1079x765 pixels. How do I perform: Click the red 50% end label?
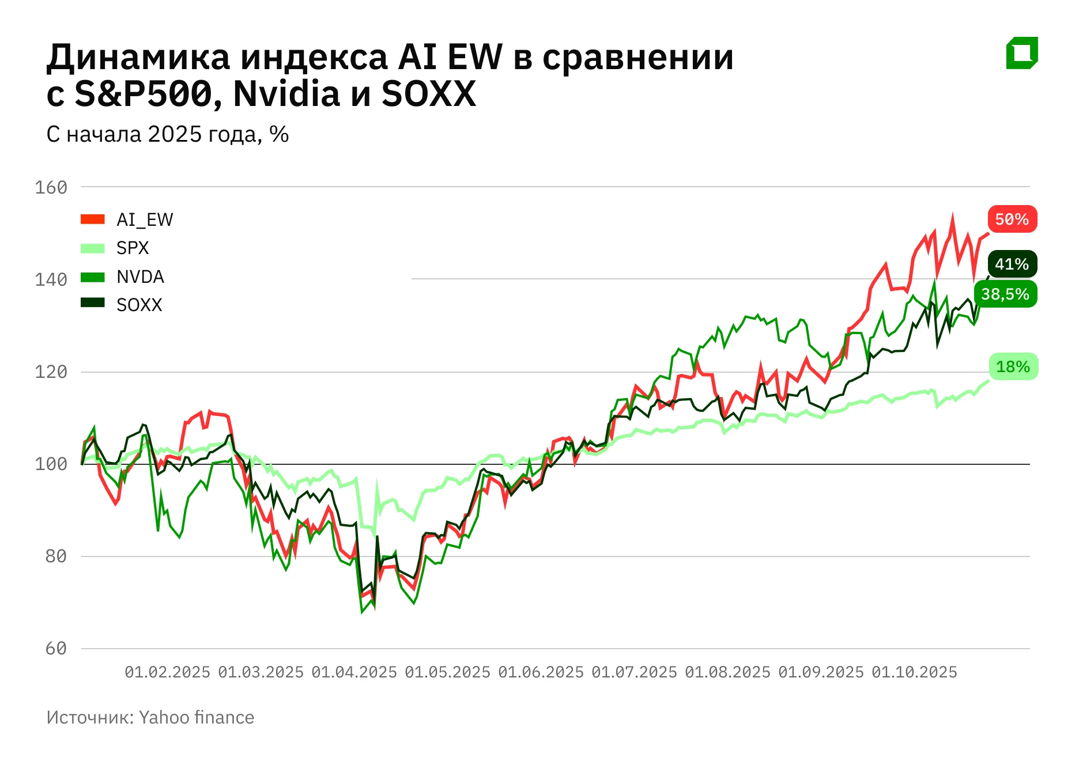(1012, 219)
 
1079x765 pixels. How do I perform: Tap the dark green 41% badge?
(1012, 264)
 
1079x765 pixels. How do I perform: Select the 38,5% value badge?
(1005, 294)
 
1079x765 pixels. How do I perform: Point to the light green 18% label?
(1013, 367)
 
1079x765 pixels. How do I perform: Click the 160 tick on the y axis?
(51, 188)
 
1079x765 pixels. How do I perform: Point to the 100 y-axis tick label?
(51, 464)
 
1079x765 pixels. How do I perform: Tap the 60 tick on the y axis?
(56, 649)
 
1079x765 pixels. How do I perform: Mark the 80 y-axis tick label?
(56, 556)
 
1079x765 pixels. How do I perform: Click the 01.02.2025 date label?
(167, 672)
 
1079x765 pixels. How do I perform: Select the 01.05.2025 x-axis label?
(447, 672)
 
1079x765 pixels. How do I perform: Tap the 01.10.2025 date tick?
(914, 672)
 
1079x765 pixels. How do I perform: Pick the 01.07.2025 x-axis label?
(634, 672)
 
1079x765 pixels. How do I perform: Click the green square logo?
(1022, 53)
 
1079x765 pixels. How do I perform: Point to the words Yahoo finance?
(197, 718)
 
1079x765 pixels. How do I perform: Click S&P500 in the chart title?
(144, 94)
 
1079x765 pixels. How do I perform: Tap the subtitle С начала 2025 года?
(167, 134)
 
